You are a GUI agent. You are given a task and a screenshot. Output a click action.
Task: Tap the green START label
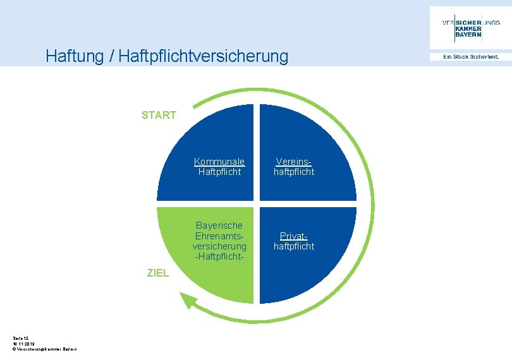coord(159,115)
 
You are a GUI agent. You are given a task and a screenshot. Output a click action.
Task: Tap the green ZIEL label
coord(157,273)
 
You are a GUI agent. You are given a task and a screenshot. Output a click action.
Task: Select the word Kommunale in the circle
coord(219,162)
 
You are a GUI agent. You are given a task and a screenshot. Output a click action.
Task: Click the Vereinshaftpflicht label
coord(293,167)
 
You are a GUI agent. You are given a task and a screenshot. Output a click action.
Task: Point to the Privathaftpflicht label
coord(293,241)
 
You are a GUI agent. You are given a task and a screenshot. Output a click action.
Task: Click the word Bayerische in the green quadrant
coord(219,225)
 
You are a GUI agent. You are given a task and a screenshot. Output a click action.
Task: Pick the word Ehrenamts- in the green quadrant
coord(219,236)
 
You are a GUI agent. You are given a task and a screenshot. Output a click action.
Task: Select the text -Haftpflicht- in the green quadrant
coord(219,256)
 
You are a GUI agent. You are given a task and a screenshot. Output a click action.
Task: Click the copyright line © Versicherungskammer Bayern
coord(44,349)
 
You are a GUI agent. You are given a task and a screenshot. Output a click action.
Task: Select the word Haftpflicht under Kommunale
coord(219,172)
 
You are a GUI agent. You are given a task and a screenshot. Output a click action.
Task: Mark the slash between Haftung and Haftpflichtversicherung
coord(111,57)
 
